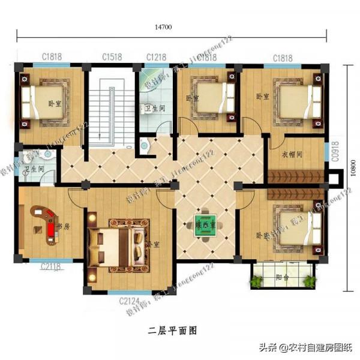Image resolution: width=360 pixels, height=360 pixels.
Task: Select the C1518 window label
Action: [x=112, y=57]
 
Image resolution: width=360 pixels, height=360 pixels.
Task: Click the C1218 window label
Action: [x=155, y=57]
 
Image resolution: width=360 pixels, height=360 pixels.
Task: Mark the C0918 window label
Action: [x=336, y=152]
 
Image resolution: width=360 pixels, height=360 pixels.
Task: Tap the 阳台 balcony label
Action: [x=282, y=277]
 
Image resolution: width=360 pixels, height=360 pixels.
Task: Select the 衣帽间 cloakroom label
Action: [x=292, y=154]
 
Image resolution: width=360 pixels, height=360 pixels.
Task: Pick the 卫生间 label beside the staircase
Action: [x=155, y=110]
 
